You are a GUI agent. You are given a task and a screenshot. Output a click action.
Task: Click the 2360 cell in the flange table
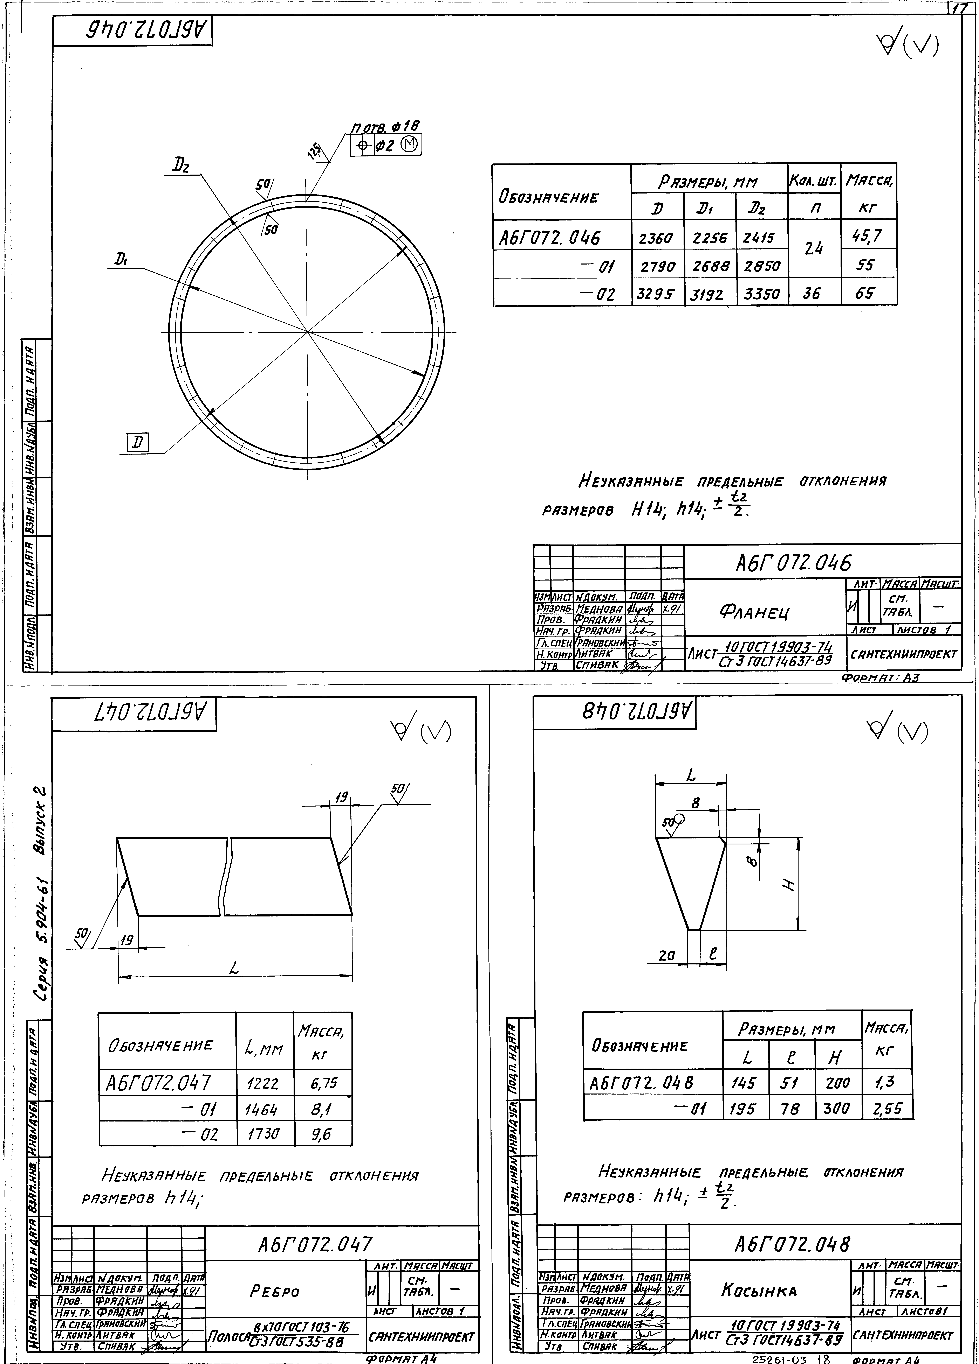coord(658,238)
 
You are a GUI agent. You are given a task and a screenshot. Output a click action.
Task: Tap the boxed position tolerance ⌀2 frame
coord(386,145)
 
